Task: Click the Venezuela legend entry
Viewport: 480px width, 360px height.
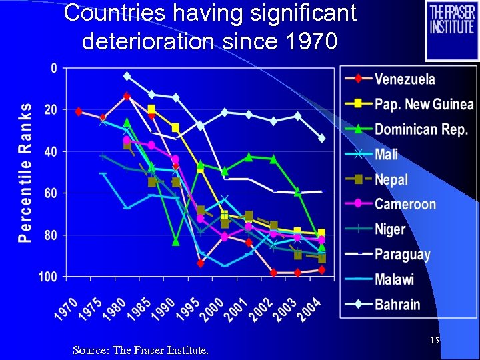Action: click(x=405, y=79)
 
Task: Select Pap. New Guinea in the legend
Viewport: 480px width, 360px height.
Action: click(x=423, y=104)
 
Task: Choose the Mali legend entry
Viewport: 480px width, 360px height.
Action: click(x=386, y=155)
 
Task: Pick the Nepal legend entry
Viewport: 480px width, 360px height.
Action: click(x=391, y=179)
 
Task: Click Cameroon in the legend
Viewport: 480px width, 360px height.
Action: click(x=405, y=205)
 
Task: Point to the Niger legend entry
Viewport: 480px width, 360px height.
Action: click(x=390, y=229)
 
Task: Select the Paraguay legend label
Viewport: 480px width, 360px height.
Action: click(x=402, y=255)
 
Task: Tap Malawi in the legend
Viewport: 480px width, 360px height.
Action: click(x=394, y=279)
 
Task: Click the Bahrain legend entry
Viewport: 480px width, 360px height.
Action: click(x=397, y=305)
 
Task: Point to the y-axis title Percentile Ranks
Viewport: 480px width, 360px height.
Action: click(x=25, y=172)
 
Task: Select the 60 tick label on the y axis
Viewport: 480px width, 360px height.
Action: click(x=50, y=193)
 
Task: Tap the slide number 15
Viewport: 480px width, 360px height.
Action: click(x=434, y=341)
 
